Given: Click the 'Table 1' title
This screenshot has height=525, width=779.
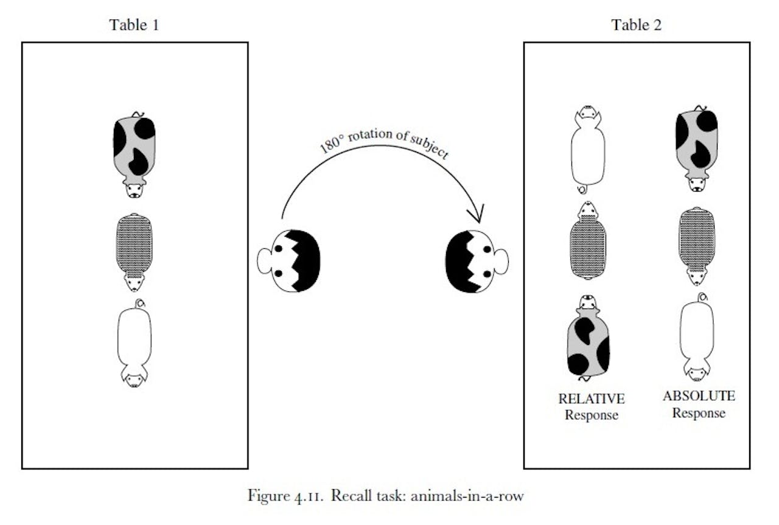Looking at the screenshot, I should (134, 25).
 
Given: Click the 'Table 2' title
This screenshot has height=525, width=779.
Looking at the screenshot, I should (636, 25).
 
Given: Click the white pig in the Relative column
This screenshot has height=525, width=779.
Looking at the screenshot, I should (587, 149).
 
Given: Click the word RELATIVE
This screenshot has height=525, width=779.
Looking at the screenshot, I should (592, 399).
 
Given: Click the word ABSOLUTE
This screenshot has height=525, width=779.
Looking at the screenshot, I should (699, 397).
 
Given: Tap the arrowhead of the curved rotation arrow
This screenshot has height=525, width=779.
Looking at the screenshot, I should (475, 215).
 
